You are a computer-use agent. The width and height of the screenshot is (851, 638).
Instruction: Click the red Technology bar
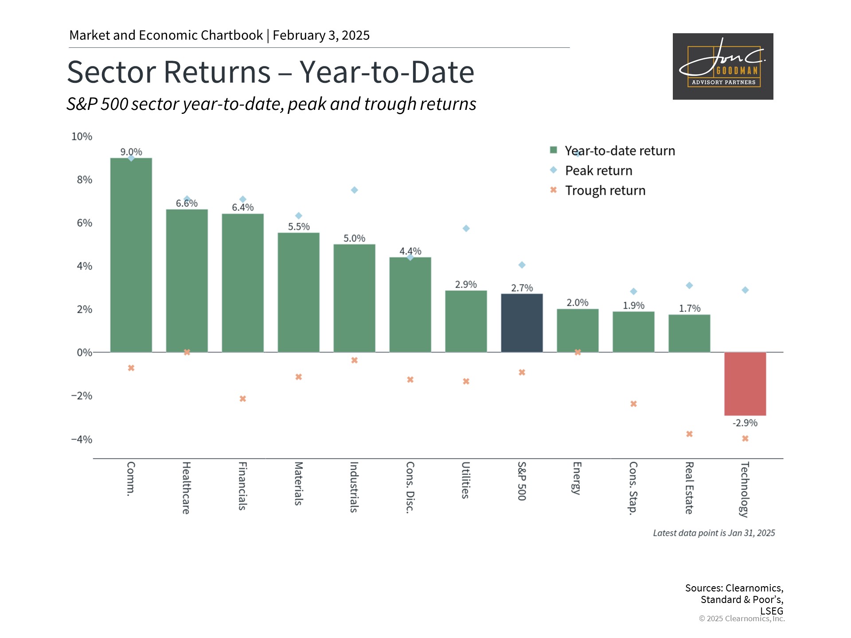point(745,384)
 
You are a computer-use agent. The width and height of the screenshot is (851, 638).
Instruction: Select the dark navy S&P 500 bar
point(522,323)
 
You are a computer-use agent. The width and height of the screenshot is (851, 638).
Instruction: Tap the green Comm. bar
point(131,255)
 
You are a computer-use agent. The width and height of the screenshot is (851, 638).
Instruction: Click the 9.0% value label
point(131,152)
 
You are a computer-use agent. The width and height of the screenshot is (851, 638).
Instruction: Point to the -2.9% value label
point(745,423)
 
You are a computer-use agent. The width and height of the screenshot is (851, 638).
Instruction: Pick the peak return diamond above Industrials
point(354,190)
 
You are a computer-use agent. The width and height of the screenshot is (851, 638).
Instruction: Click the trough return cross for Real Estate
point(689,434)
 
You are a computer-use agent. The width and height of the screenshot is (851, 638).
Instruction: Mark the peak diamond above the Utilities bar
point(466,229)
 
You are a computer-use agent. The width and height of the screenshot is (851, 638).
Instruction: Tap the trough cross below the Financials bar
point(242,399)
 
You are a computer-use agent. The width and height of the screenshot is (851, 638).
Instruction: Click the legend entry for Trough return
point(605,191)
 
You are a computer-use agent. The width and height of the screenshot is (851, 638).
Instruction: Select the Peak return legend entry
point(598,171)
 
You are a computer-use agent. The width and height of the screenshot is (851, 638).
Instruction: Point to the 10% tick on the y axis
point(82,136)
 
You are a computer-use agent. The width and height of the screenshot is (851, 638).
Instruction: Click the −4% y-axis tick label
point(82,439)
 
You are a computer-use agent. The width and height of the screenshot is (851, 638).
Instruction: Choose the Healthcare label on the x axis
point(187,487)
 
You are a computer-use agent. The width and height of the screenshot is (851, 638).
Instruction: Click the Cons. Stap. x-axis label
point(633,488)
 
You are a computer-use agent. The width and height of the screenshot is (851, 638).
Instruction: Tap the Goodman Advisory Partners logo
point(722,66)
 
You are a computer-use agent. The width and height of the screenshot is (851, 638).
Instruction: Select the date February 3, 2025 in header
point(321,35)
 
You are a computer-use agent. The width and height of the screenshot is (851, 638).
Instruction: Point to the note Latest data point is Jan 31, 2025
point(714,533)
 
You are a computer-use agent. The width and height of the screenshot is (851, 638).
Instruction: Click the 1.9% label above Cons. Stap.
point(633,305)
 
